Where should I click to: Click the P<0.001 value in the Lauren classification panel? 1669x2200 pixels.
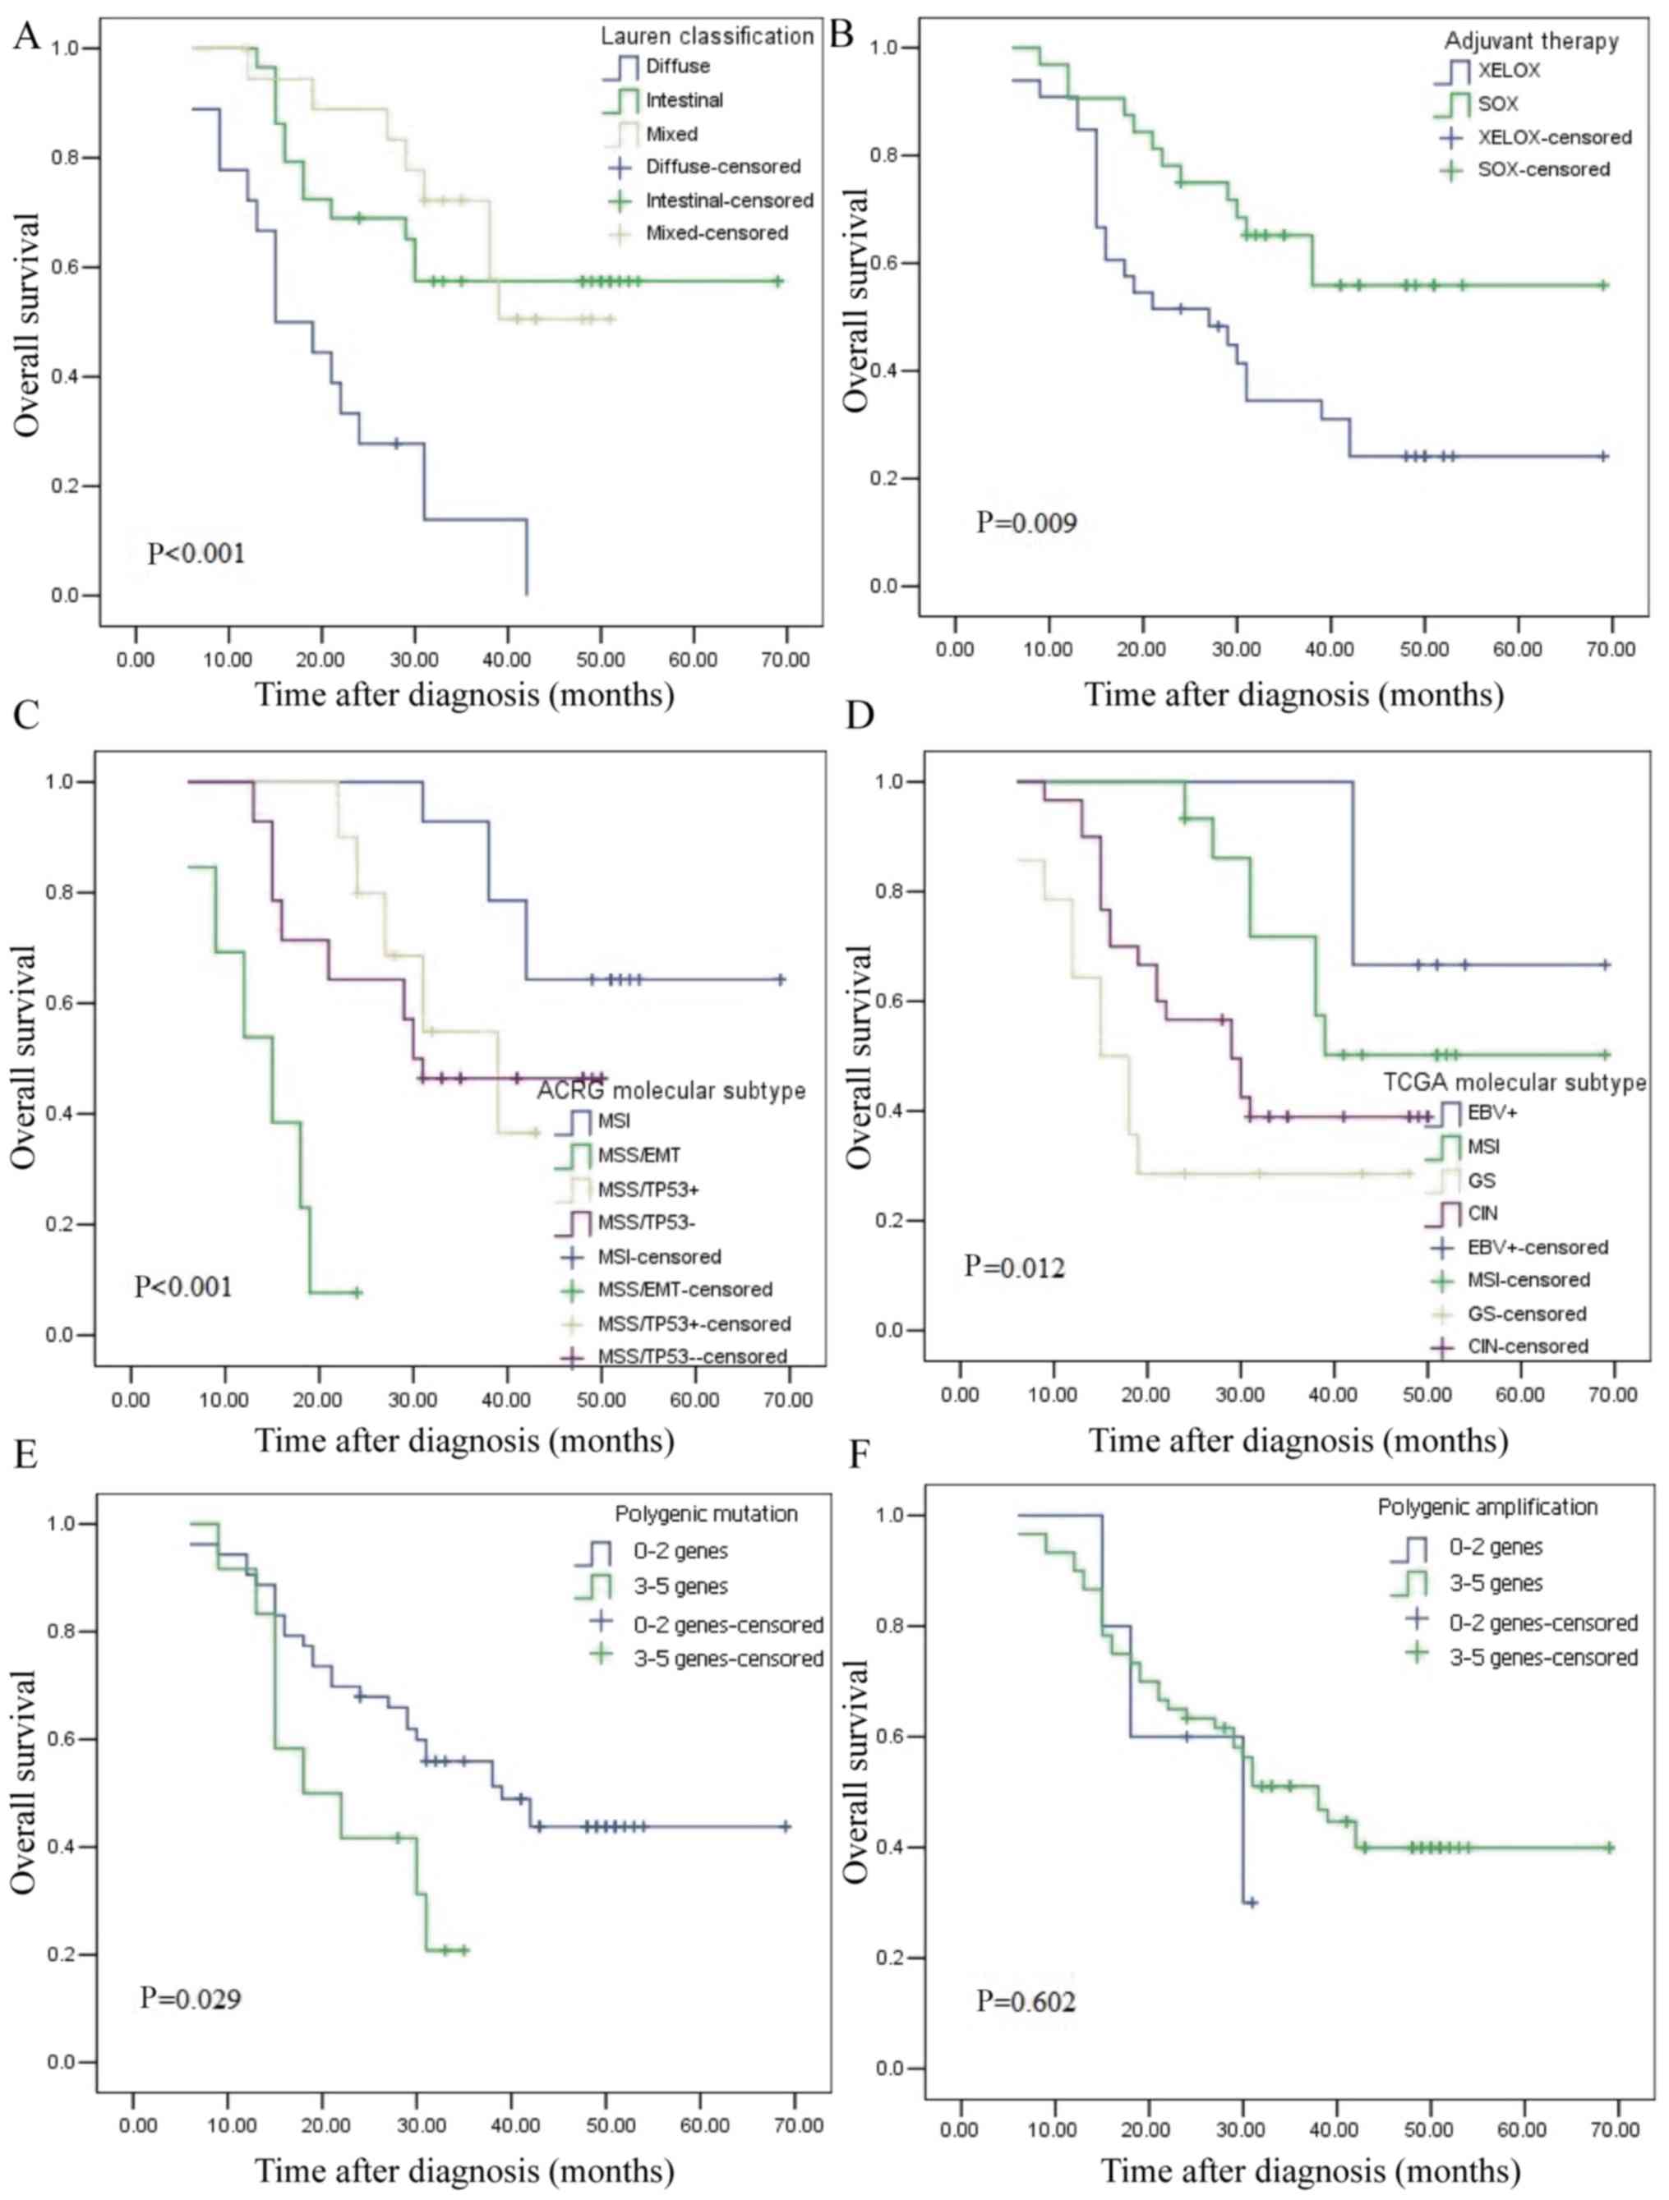tap(196, 552)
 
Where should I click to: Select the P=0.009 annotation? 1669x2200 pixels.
tap(1026, 521)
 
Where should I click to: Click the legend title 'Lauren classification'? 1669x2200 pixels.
tap(708, 37)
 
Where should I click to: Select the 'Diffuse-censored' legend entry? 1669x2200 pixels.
tap(722, 166)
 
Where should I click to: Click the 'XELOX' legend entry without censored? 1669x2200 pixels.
tap(1509, 71)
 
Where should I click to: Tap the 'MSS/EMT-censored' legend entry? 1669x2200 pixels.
tap(685, 1289)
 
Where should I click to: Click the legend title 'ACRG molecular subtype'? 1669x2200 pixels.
tap(671, 1091)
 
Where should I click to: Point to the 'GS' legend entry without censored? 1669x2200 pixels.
tap(1481, 1181)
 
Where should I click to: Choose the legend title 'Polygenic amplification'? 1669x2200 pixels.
tap(1487, 1507)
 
